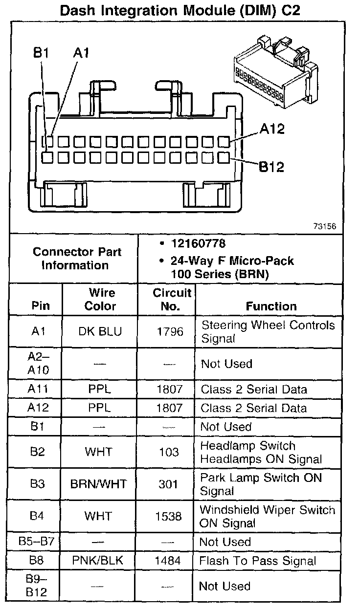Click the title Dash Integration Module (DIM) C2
[180, 11]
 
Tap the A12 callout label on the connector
[272, 129]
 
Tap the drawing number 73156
[325, 226]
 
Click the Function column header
[271, 306]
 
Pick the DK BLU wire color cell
[100, 332]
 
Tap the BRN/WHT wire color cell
[98, 484]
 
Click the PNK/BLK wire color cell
[98, 561]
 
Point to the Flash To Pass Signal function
[258, 561]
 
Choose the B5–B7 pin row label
[37, 542]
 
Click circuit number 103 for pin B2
[169, 452]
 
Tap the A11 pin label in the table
[38, 390]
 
